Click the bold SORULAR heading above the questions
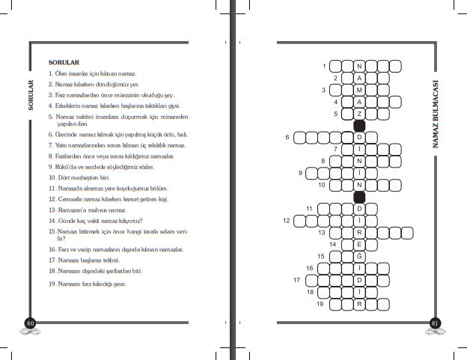click(x=63, y=62)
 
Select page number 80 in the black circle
click(x=31, y=323)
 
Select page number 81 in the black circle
click(x=435, y=323)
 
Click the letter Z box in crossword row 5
click(x=359, y=115)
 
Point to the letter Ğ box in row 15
click(x=359, y=256)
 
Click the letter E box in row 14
click(x=359, y=244)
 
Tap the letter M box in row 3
click(x=359, y=91)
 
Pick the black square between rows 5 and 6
click(x=359, y=126)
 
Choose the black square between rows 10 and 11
click(x=359, y=197)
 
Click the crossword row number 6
click(x=287, y=138)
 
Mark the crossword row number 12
click(x=286, y=221)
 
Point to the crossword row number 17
click(x=297, y=280)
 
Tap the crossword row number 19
click(x=320, y=303)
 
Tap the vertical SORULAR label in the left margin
click(x=31, y=95)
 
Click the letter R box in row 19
click(x=359, y=303)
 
